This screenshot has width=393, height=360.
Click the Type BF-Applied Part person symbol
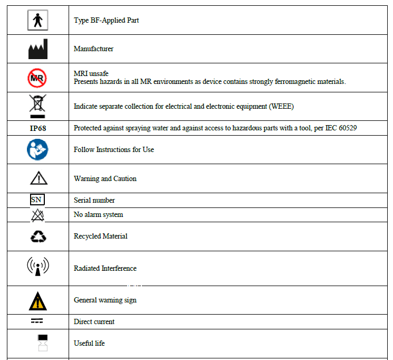[37, 20]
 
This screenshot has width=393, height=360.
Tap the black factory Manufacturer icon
[37, 49]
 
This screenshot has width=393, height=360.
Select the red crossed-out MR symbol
[37, 78]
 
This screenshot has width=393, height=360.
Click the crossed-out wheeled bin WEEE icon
[37, 106]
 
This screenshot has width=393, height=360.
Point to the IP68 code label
[37, 128]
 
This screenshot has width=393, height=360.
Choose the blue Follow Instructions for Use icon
[37, 150]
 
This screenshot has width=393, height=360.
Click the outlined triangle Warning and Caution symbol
[38, 178]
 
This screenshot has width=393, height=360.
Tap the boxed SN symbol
[36, 200]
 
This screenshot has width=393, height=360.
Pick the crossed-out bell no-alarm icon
[37, 215]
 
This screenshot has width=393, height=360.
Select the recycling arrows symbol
[38, 236]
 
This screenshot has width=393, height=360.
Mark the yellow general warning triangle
[38, 300]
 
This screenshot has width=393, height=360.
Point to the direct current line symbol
[37, 321]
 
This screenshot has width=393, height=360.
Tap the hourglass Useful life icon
[43, 343]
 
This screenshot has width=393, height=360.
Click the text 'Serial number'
[94, 201]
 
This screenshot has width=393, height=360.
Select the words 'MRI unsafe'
[91, 73]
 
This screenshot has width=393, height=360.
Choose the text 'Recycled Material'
[101, 236]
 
